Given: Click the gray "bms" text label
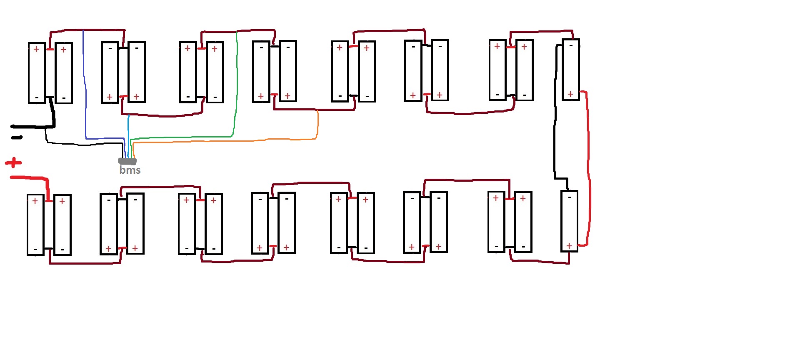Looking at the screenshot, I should coord(130,170).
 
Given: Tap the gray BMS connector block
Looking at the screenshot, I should coord(127,161).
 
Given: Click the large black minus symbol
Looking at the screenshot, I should coord(17,137).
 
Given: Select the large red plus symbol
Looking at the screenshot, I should coord(13,162).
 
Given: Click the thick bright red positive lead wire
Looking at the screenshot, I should coord(29,178).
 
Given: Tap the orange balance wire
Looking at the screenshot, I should coord(225,141).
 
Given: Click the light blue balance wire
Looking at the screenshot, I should coord(128,133).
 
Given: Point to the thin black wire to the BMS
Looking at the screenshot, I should coord(83,144).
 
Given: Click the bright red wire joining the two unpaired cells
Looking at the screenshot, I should coord(588,167).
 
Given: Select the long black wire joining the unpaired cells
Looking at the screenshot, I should coord(555,125).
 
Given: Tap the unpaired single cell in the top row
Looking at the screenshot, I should coord(571,70).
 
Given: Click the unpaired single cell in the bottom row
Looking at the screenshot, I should coord(569,221).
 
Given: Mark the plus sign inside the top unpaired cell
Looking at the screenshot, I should coord(570,94).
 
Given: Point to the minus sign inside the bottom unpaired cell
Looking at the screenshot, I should coord(570,197).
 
